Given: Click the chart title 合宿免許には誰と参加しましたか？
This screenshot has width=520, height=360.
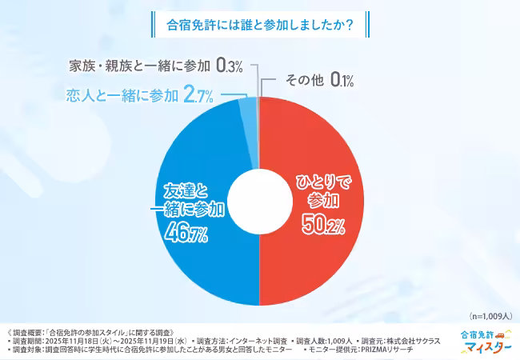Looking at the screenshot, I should tap(259, 24).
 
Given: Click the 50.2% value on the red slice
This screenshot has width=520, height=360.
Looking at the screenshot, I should tap(322, 227).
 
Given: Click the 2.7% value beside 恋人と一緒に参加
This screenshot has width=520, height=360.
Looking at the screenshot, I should tap(198, 97).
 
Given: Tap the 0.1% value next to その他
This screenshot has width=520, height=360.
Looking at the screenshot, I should tap(339, 80).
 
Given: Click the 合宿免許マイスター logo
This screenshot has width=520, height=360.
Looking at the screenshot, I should tap(485, 342).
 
